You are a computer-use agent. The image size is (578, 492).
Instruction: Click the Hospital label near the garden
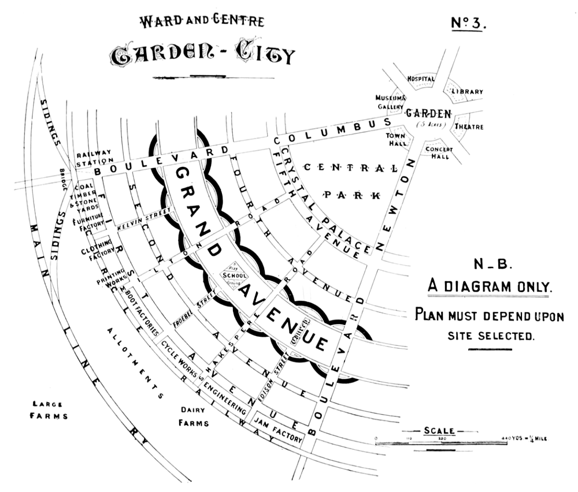(x=421, y=79)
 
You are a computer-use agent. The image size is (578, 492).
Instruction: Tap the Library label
(x=467, y=92)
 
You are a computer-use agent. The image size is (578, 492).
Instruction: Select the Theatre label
(x=469, y=126)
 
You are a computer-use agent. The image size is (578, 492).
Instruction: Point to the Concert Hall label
(x=439, y=152)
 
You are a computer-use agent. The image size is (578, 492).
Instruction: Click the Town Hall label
(x=397, y=139)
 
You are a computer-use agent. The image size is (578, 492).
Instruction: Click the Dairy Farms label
(x=193, y=416)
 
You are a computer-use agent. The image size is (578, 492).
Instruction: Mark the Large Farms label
(x=49, y=410)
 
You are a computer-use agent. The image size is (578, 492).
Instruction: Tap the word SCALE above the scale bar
(x=439, y=430)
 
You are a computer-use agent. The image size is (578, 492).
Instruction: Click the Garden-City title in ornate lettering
(x=202, y=55)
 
